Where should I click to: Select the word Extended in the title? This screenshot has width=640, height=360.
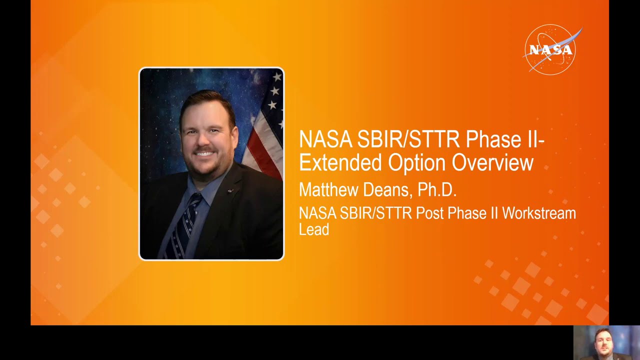click(334, 163)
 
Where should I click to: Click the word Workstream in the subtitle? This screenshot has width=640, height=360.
click(539, 213)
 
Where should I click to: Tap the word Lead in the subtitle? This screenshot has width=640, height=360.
click(313, 229)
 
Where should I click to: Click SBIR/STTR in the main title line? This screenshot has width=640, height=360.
click(409, 139)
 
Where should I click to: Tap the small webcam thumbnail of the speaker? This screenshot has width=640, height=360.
click(606, 342)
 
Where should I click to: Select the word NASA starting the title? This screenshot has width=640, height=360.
click(325, 139)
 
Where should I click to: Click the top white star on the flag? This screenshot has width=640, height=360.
click(276, 76)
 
